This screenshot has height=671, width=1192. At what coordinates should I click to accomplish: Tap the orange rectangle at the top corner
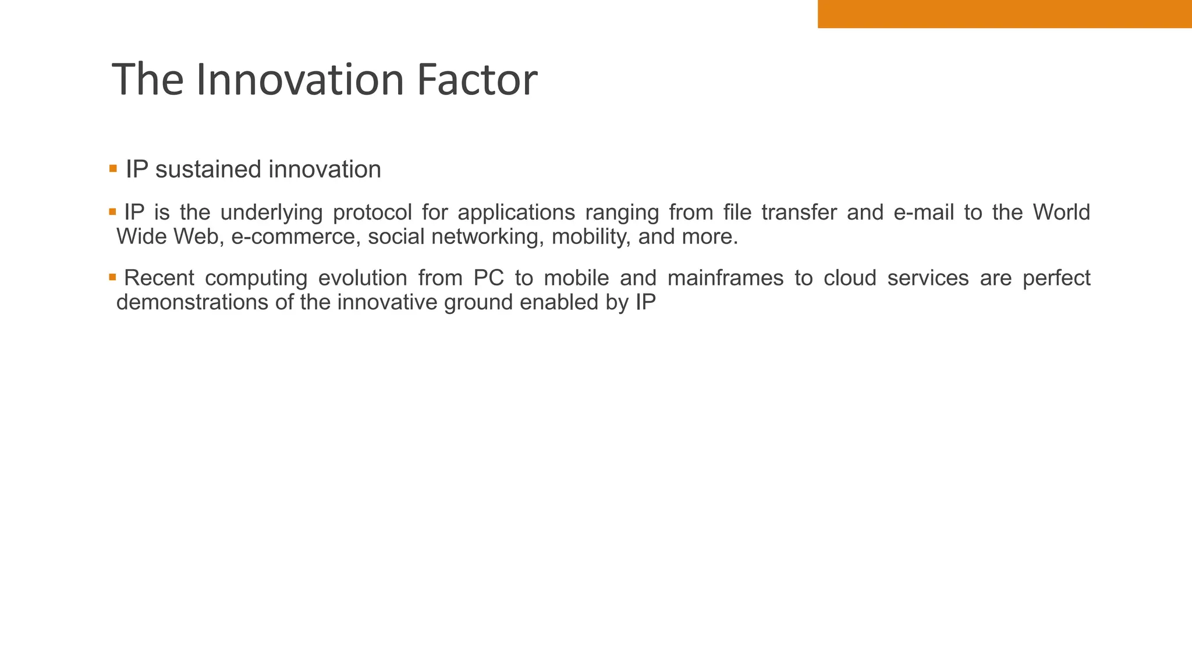pos(1004,13)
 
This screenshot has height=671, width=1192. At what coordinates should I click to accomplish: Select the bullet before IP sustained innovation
pos(113,169)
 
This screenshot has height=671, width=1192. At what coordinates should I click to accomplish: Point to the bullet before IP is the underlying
pos(113,211)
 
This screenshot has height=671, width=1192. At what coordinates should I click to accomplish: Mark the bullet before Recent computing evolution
pos(113,277)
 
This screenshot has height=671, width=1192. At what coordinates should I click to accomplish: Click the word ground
pos(478,303)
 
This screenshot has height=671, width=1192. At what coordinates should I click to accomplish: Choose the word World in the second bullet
pos(1061,212)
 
